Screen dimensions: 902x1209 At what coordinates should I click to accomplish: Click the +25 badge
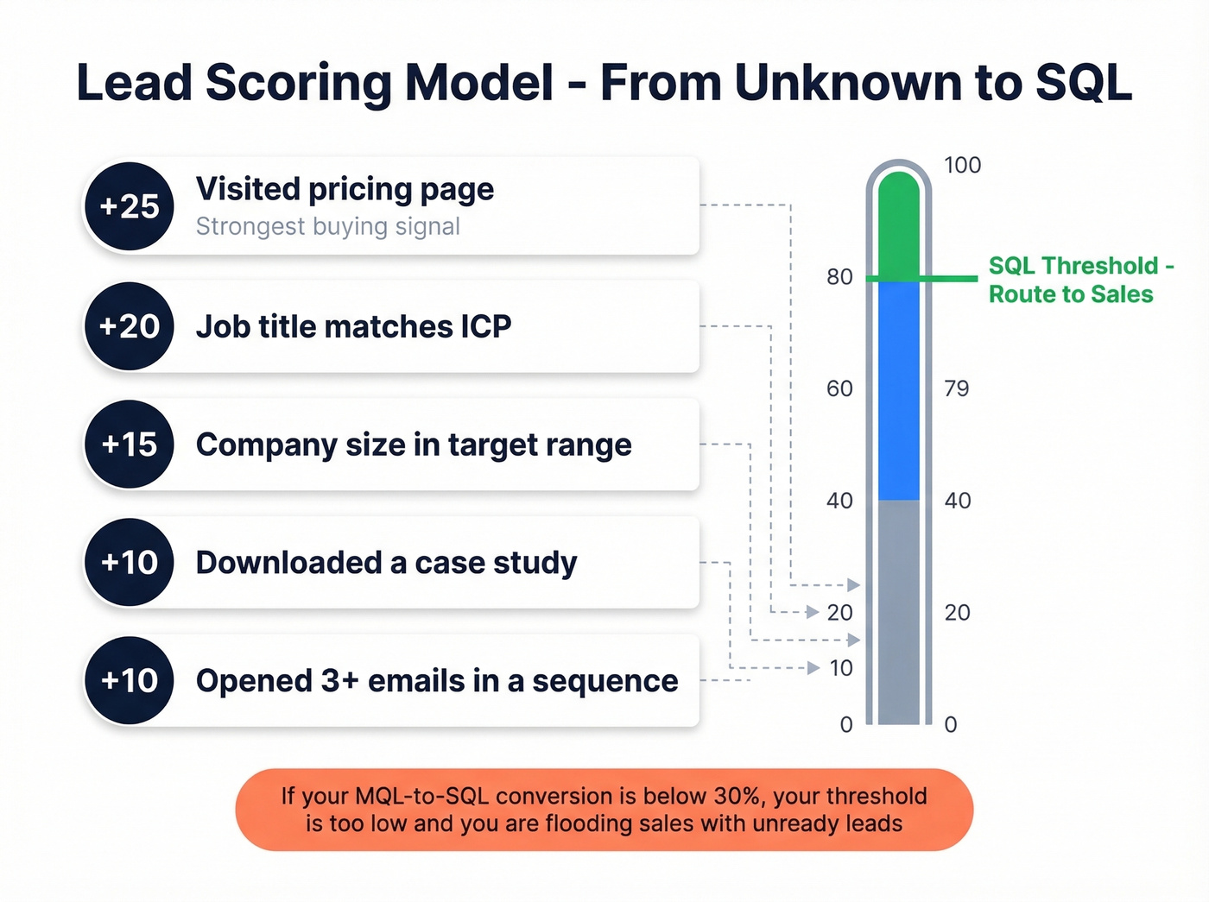point(129,207)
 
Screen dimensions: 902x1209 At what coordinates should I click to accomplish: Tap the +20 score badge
point(129,327)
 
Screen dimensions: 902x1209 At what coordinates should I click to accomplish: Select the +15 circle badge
point(129,445)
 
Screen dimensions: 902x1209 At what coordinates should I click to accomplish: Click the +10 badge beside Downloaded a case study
point(129,563)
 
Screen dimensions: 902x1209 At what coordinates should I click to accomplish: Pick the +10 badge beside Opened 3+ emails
point(129,681)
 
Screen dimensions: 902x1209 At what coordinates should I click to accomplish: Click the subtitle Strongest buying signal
point(327,227)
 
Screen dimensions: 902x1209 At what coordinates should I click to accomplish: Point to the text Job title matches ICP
point(353,327)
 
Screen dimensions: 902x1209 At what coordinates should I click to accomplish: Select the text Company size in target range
point(414,445)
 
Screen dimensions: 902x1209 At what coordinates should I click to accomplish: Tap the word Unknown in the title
point(847,84)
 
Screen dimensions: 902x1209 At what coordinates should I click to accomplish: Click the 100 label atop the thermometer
point(962,165)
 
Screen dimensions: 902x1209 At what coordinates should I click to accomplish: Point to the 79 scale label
point(956,388)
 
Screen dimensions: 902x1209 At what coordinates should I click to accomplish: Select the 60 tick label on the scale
point(839,388)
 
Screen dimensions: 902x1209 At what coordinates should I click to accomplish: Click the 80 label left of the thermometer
point(839,277)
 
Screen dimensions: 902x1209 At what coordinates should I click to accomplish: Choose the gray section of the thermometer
point(899,613)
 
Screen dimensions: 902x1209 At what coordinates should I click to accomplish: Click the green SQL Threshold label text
point(1079,280)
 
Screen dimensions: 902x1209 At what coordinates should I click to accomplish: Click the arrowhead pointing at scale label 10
point(813,668)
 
